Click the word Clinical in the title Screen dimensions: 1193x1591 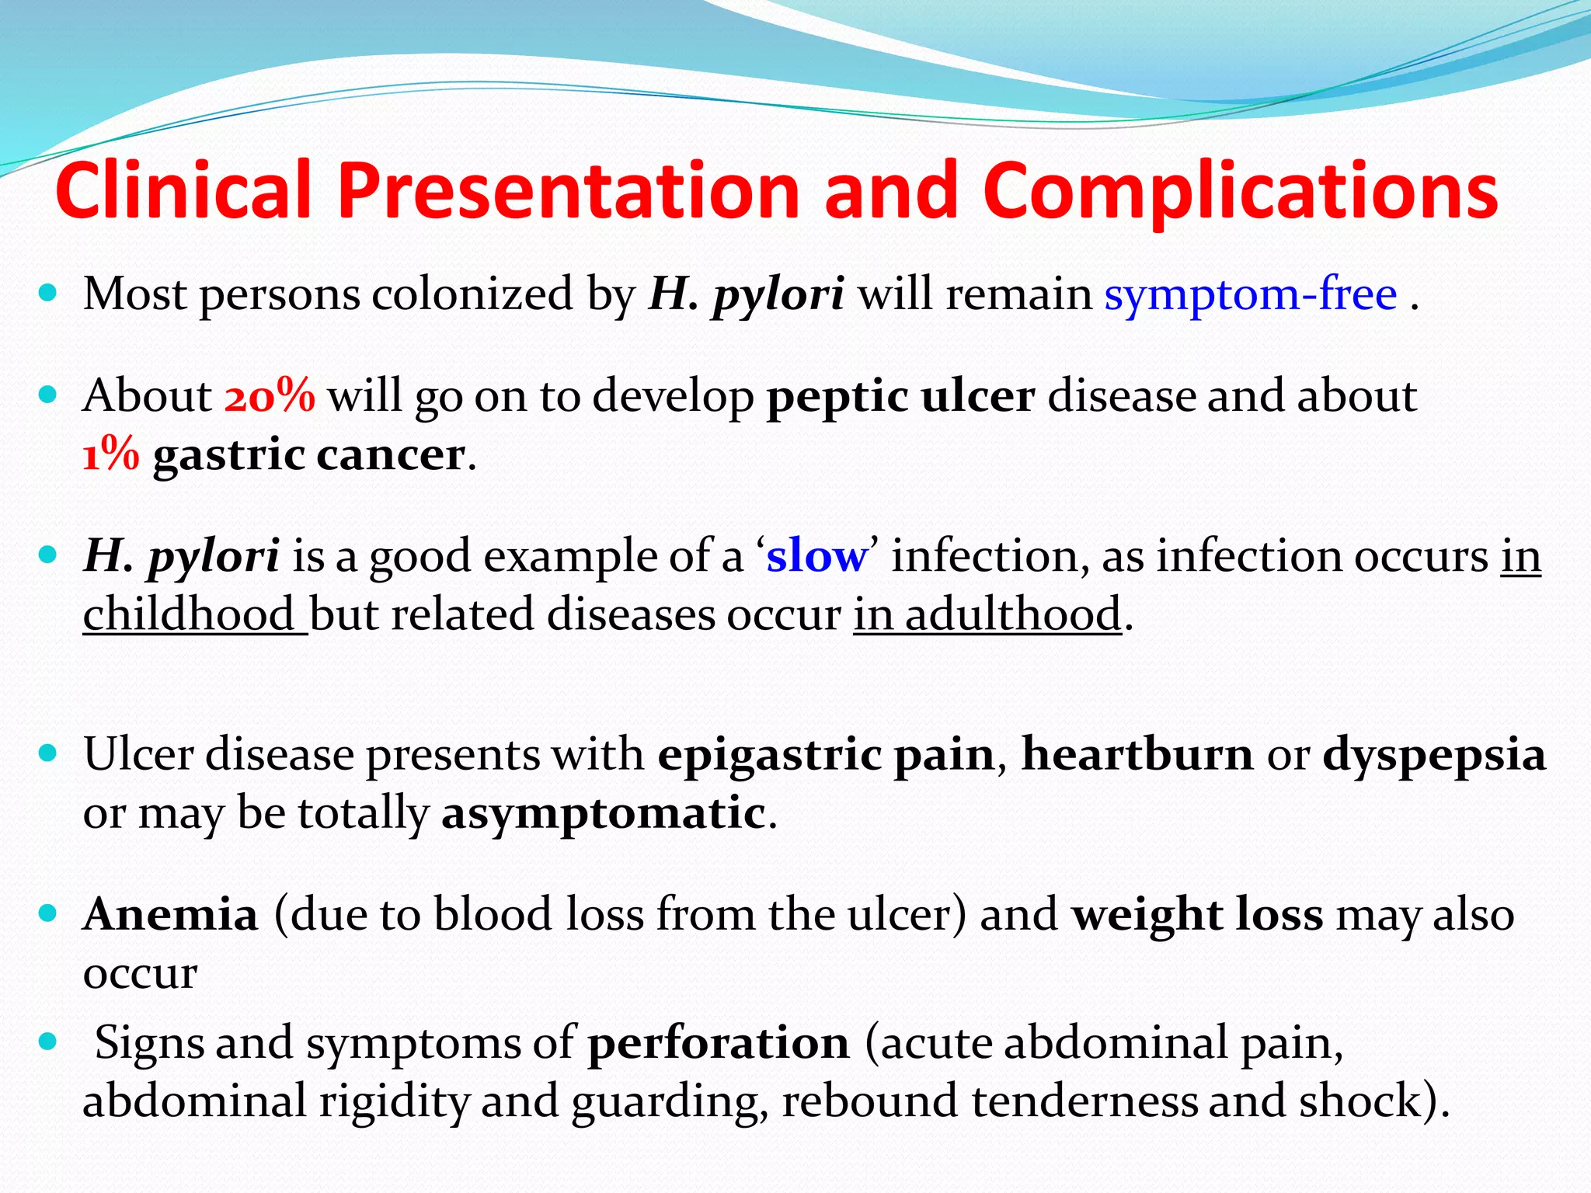pyautogui.click(x=183, y=191)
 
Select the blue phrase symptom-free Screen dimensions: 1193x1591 pyautogui.click(x=1250, y=294)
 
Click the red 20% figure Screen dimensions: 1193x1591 pyautogui.click(x=270, y=396)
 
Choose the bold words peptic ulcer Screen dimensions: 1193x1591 pyautogui.click(x=900, y=396)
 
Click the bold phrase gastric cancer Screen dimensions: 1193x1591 pyautogui.click(x=309, y=455)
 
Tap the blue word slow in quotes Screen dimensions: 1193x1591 pyautogui.click(x=816, y=557)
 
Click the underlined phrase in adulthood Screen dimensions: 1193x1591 pyautogui.click(x=987, y=614)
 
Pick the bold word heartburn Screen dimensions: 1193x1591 pyautogui.click(x=1137, y=754)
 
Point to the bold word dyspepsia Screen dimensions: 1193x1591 pyautogui.click(x=1434, y=756)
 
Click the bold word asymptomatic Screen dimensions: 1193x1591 pyautogui.click(x=604, y=814)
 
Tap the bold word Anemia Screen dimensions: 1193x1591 pyautogui.click(x=170, y=914)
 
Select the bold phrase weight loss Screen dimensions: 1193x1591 pyautogui.click(x=1197, y=914)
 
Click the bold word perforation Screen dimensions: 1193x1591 pyautogui.click(x=718, y=1043)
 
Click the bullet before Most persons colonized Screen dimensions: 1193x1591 pyautogui.click(x=48, y=293)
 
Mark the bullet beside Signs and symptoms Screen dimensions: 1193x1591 pyautogui.click(x=48, y=1042)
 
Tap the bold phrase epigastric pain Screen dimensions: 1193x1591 pyautogui.click(x=826, y=756)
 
